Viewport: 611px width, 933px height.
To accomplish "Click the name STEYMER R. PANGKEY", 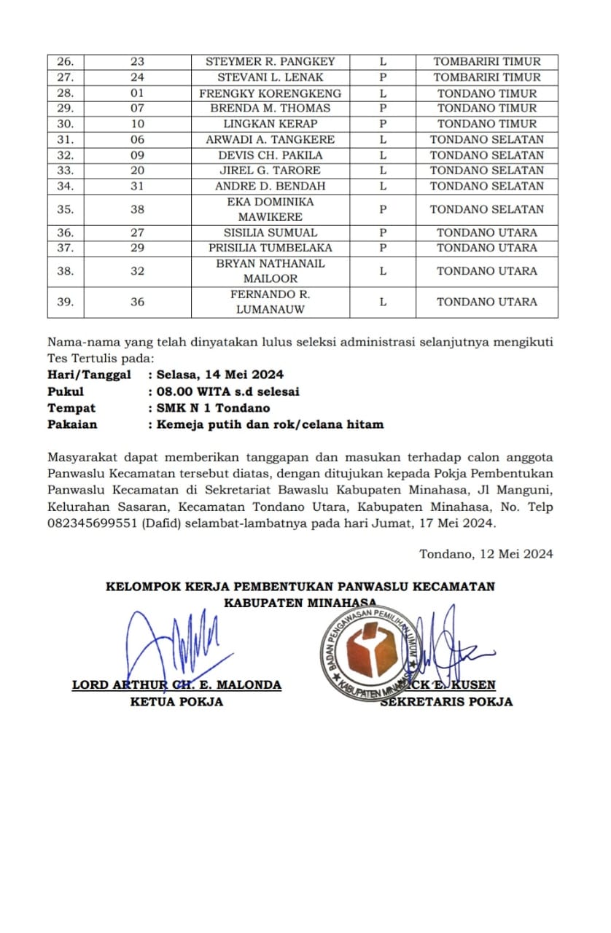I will pyautogui.click(x=270, y=62).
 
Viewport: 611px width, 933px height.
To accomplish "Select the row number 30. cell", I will pyautogui.click(x=66, y=124).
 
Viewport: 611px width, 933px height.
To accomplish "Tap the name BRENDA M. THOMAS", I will pyautogui.click(x=270, y=108).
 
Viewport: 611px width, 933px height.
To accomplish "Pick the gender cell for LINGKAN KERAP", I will pyautogui.click(x=382, y=124).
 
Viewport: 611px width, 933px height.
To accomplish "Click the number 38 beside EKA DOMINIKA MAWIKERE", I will pyautogui.click(x=137, y=209).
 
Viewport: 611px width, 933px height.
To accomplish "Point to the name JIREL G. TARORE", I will pyautogui.click(x=270, y=171).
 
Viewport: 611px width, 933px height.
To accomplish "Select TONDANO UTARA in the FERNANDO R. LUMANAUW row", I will pyautogui.click(x=486, y=302).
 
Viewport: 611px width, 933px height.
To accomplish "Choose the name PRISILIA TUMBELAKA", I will pyautogui.click(x=270, y=248).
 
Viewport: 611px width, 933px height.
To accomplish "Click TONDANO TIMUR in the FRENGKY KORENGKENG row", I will pyautogui.click(x=486, y=93).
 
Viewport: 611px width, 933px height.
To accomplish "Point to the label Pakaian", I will pyautogui.click(x=72, y=424).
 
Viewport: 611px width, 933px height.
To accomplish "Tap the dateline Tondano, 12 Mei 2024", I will pyautogui.click(x=486, y=553).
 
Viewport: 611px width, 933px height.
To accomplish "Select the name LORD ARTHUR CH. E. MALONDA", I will pyautogui.click(x=176, y=685).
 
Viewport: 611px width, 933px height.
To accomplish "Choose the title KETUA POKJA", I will pyautogui.click(x=176, y=702).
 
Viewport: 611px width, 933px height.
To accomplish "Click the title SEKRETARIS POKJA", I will pyautogui.click(x=446, y=702).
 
